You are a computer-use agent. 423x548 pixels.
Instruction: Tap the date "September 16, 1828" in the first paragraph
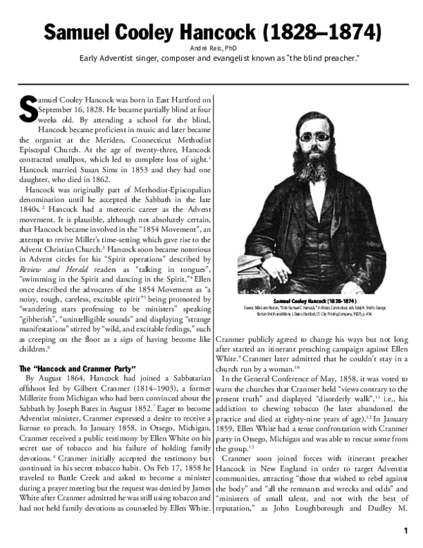pyautogui.click(x=76, y=111)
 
